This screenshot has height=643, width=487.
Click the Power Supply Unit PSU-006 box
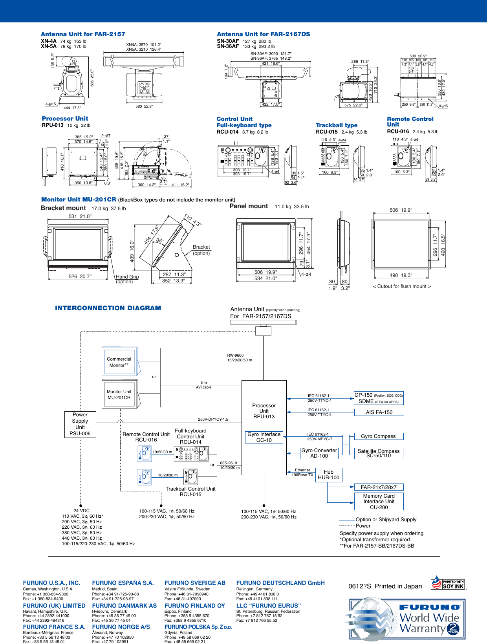pyautogui.click(x=80, y=424)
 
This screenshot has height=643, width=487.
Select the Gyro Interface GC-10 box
pyautogui.click(x=264, y=437)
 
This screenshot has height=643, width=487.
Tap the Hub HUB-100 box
pyautogui.click(x=329, y=475)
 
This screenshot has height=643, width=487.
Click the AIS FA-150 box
pyautogui.click(x=379, y=412)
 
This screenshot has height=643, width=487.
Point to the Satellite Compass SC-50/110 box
pyautogui.click(x=379, y=453)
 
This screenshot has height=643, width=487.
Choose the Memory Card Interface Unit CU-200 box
pyautogui.click(x=379, y=502)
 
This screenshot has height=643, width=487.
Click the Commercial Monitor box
pyautogui.click(x=119, y=362)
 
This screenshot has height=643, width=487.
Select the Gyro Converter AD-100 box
pyautogui.click(x=319, y=453)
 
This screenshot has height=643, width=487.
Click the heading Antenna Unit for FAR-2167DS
pyautogui.click(x=264, y=34)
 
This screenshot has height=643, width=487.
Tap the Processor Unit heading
pyautogui.click(x=65, y=119)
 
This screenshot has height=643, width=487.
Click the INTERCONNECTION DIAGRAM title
pyautogui.click(x=108, y=308)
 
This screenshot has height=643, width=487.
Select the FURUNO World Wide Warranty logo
pyautogui.click(x=407, y=619)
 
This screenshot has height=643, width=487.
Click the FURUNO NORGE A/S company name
pyautogui.click(x=121, y=627)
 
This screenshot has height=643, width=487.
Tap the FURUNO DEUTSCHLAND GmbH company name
pyautogui.click(x=280, y=583)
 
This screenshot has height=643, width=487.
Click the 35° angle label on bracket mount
pyautogui.click(x=160, y=240)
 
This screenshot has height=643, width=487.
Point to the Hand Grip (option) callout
pyautogui.click(x=127, y=279)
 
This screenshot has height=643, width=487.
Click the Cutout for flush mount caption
pyautogui.click(x=402, y=286)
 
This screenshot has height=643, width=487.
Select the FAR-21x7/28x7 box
pyautogui.click(x=379, y=487)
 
